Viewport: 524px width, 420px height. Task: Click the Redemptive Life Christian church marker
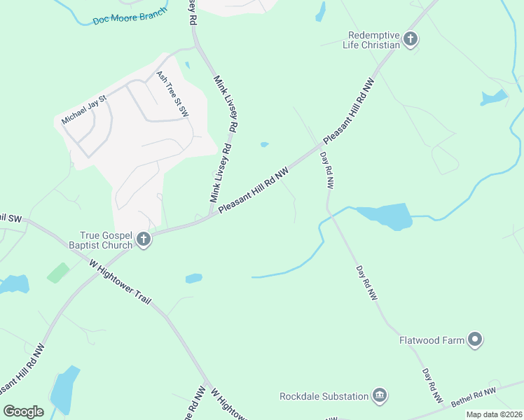(x=411, y=39)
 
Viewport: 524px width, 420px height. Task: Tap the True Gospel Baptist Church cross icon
(x=143, y=240)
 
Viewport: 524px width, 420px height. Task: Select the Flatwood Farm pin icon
(x=476, y=341)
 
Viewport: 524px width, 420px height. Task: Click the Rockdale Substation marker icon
(x=380, y=396)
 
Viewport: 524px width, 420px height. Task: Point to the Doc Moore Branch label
(x=130, y=17)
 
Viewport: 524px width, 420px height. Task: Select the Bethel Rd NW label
(x=474, y=396)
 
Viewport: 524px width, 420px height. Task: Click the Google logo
(x=23, y=411)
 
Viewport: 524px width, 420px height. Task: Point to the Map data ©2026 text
(x=494, y=414)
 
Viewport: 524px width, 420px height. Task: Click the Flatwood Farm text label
(x=432, y=341)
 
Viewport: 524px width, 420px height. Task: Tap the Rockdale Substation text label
(x=324, y=396)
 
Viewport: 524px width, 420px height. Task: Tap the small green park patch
(x=58, y=272)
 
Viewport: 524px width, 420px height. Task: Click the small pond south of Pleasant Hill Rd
(x=194, y=279)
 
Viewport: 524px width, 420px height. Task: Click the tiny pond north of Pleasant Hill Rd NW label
(x=264, y=145)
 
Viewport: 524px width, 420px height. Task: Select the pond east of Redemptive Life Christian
(x=493, y=97)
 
